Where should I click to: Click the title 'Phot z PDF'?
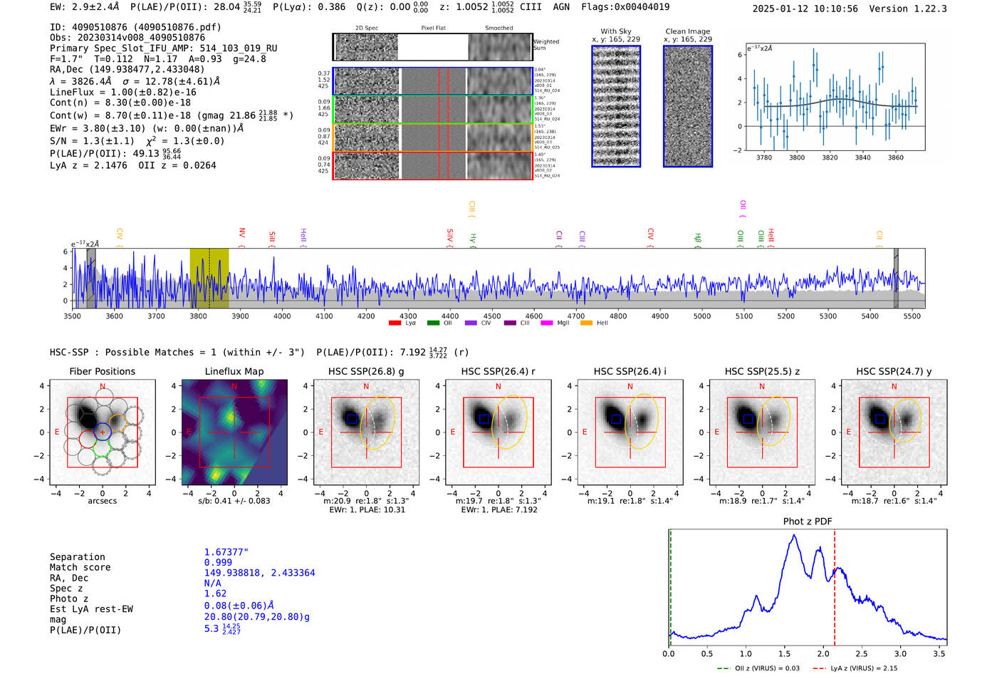[808, 521]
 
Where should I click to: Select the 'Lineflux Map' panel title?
[234, 371]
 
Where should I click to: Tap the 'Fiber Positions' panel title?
[102, 371]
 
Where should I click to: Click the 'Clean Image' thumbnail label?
[687, 31]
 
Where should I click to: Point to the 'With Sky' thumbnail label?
[615, 31]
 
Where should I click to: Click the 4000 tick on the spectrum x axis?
[282, 316]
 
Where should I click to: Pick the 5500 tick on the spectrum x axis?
[912, 316]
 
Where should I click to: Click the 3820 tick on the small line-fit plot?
[830, 157]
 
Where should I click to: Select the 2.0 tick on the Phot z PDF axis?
[823, 653]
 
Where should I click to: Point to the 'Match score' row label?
[80, 567]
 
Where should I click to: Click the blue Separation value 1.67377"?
[226, 552]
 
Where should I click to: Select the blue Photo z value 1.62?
[215, 593]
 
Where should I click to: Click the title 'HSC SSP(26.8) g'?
[366, 371]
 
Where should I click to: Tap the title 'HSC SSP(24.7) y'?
[894, 371]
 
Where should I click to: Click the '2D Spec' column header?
[366, 28]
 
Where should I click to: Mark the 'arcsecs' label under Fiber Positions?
[102, 501]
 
